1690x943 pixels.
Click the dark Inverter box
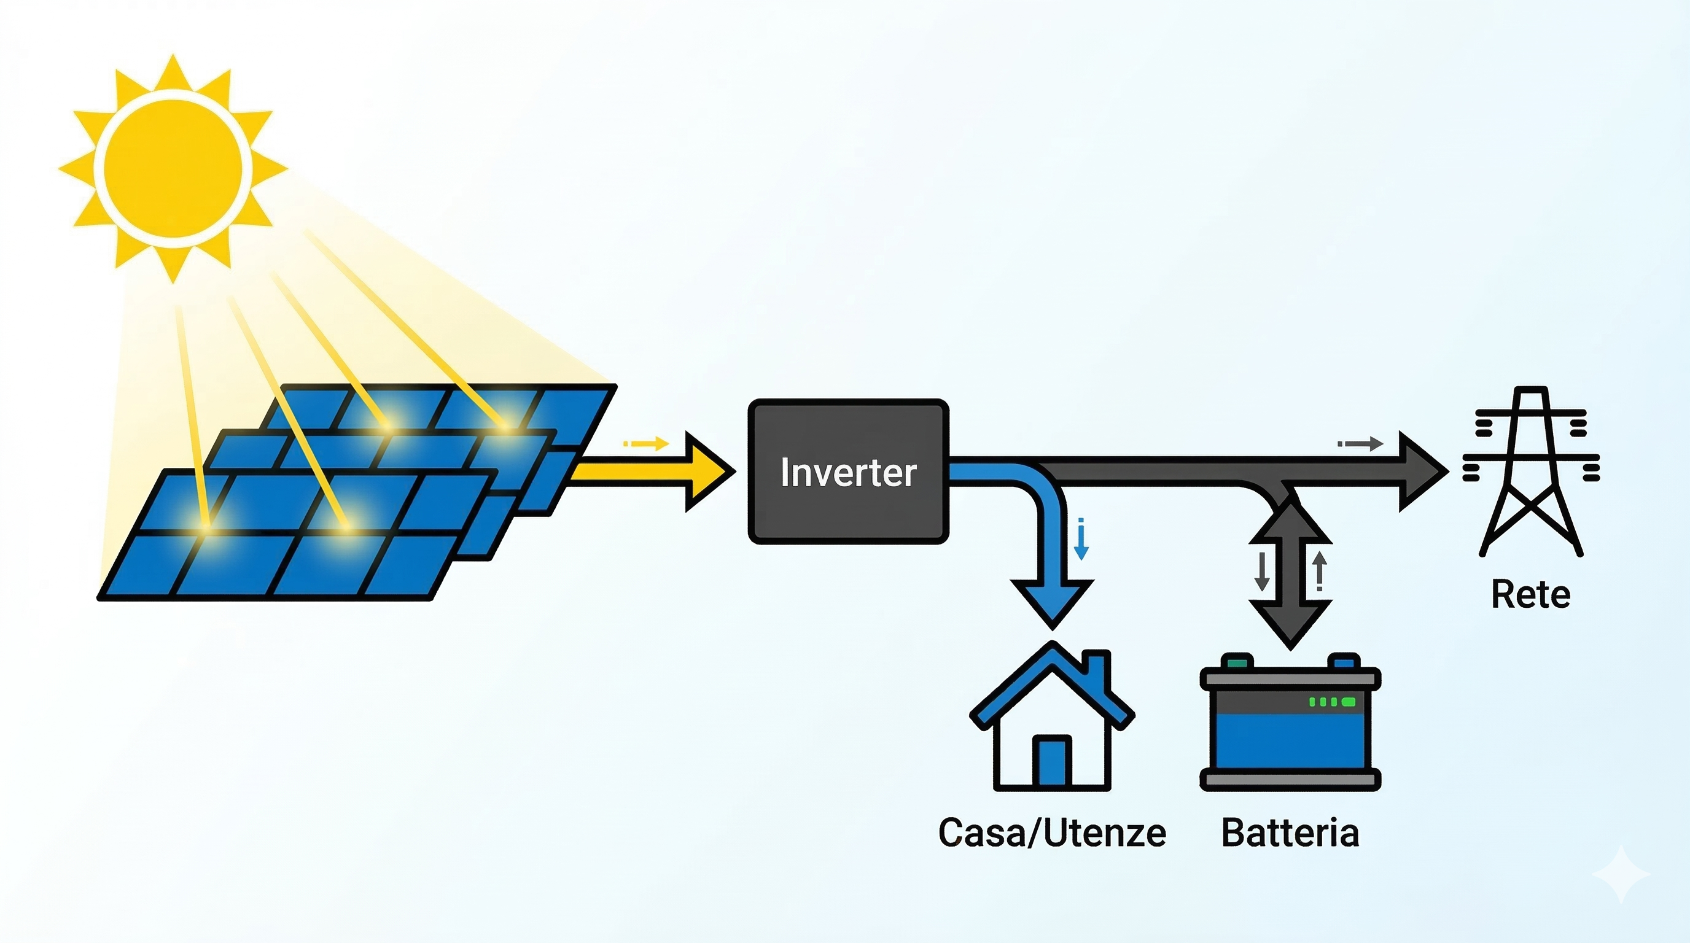[847, 511]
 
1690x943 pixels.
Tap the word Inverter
[847, 472]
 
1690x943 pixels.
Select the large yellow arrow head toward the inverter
[709, 471]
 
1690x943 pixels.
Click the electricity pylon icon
[1531, 472]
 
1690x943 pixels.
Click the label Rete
[1530, 595]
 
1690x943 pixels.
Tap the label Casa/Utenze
[1053, 833]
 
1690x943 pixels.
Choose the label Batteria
[1290, 833]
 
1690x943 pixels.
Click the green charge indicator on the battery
[1332, 702]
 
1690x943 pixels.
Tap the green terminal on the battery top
[1237, 661]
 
